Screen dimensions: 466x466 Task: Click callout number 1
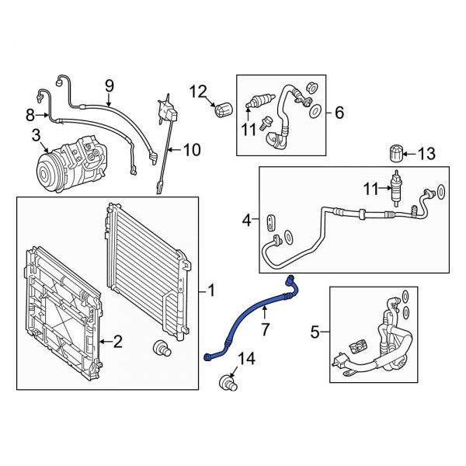[212, 292]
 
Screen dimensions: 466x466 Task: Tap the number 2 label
[119, 340]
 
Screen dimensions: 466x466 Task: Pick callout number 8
[30, 116]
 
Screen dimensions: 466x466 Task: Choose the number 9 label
[109, 85]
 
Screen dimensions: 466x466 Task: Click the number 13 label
[426, 154]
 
